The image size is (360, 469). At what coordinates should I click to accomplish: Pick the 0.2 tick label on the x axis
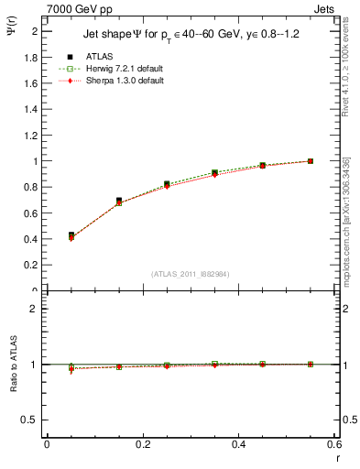click(143, 445)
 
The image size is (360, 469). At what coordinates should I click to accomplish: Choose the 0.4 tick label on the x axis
click(239, 445)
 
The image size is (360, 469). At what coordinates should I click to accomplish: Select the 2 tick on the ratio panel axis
click(36, 309)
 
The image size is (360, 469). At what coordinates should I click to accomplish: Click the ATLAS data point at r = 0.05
click(71, 235)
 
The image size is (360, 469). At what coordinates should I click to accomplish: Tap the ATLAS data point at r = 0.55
click(311, 161)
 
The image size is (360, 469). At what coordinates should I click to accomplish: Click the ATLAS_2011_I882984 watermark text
click(191, 273)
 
